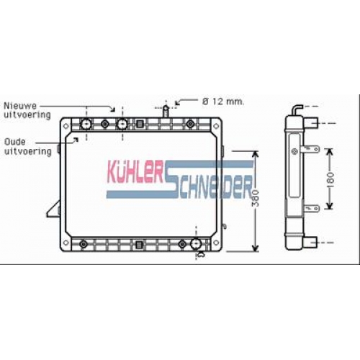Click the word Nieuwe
point(20,106)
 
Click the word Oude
point(15,142)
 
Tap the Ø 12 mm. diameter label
point(223,102)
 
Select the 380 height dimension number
point(256,198)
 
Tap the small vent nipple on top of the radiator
point(166,111)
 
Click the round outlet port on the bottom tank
point(196,243)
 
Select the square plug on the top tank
point(140,124)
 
